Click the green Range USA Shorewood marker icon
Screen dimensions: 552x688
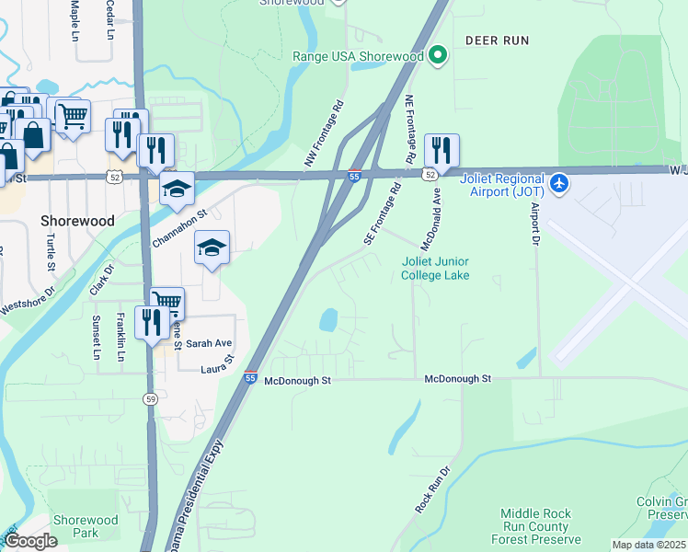[438, 56]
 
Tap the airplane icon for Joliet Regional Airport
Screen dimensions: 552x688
[558, 183]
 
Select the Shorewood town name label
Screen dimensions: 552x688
[77, 221]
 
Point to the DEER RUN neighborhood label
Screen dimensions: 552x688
[497, 40]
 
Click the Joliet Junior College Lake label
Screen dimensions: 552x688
[435, 268]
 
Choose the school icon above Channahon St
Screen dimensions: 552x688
[177, 189]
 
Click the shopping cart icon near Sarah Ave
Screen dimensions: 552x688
[166, 302]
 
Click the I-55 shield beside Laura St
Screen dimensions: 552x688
[250, 377]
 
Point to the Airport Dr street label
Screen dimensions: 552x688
[534, 224]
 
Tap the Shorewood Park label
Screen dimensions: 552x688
[86, 526]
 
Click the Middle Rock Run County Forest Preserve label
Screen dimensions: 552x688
[535, 527]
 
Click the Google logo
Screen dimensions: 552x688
[29, 541]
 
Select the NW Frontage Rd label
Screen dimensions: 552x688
[324, 134]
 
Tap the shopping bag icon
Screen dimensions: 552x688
[34, 135]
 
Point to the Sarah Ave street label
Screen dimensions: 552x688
[209, 343]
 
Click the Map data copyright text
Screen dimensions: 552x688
[648, 545]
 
